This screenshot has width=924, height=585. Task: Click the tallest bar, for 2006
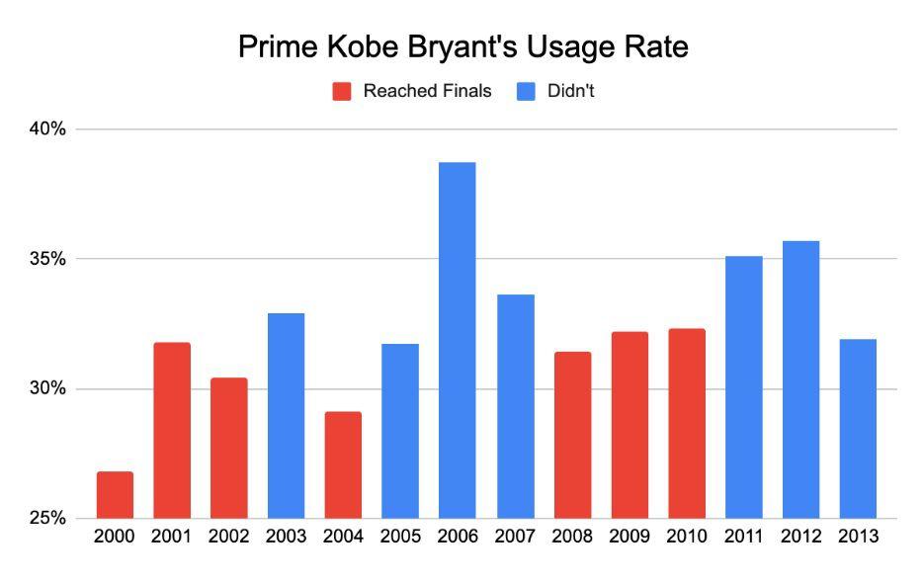tap(457, 340)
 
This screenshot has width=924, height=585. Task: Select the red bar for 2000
tap(115, 495)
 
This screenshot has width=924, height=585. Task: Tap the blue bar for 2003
tap(286, 415)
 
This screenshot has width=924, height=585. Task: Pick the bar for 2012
tap(800, 379)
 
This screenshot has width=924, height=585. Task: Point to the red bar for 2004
tap(343, 464)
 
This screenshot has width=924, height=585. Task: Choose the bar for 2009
tap(630, 425)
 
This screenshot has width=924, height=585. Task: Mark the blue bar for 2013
tap(858, 428)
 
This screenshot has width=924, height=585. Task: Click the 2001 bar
tap(172, 430)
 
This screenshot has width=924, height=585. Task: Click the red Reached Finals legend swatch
tap(342, 92)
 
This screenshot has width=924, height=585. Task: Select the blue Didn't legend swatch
tap(526, 92)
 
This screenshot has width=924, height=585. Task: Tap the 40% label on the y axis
tap(46, 129)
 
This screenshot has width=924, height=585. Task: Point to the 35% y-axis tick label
tap(46, 259)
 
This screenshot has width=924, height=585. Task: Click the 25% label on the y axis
tap(46, 518)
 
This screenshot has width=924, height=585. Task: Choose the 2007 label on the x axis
tap(515, 537)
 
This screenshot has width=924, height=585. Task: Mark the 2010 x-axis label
tap(687, 537)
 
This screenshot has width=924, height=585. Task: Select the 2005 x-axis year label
tap(400, 537)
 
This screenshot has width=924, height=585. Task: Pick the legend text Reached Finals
tap(427, 92)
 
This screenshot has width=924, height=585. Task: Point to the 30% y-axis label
tap(46, 388)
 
